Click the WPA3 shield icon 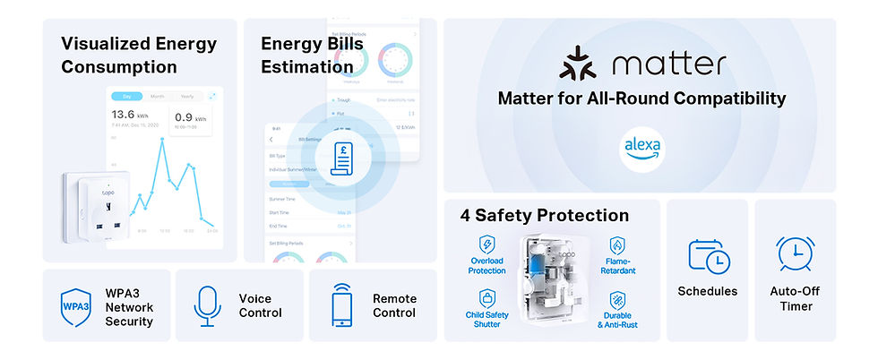(x=75, y=305)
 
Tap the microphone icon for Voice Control (x=207, y=305)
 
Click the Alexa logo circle (x=641, y=147)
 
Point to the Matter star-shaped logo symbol (x=578, y=65)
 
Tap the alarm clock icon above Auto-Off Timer (x=795, y=254)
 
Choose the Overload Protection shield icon (x=487, y=244)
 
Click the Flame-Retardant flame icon (x=617, y=245)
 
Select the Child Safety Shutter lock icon (x=487, y=298)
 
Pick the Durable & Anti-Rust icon (x=617, y=300)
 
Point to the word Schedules (x=708, y=291)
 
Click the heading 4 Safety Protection (x=544, y=216)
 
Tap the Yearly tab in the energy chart (x=186, y=95)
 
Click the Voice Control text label (x=260, y=305)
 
